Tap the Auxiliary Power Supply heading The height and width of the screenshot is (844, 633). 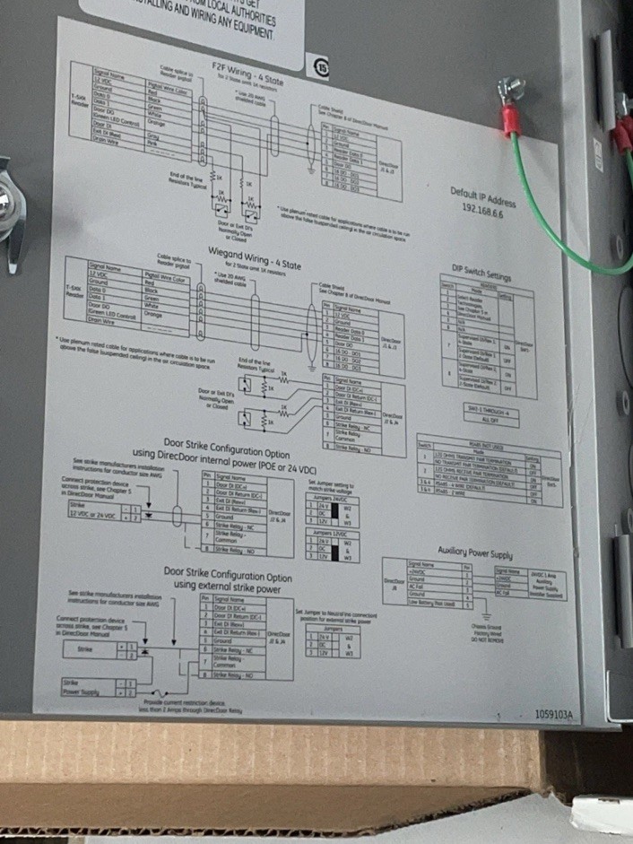pos(475,549)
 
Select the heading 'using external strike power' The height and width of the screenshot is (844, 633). pos(228,586)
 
